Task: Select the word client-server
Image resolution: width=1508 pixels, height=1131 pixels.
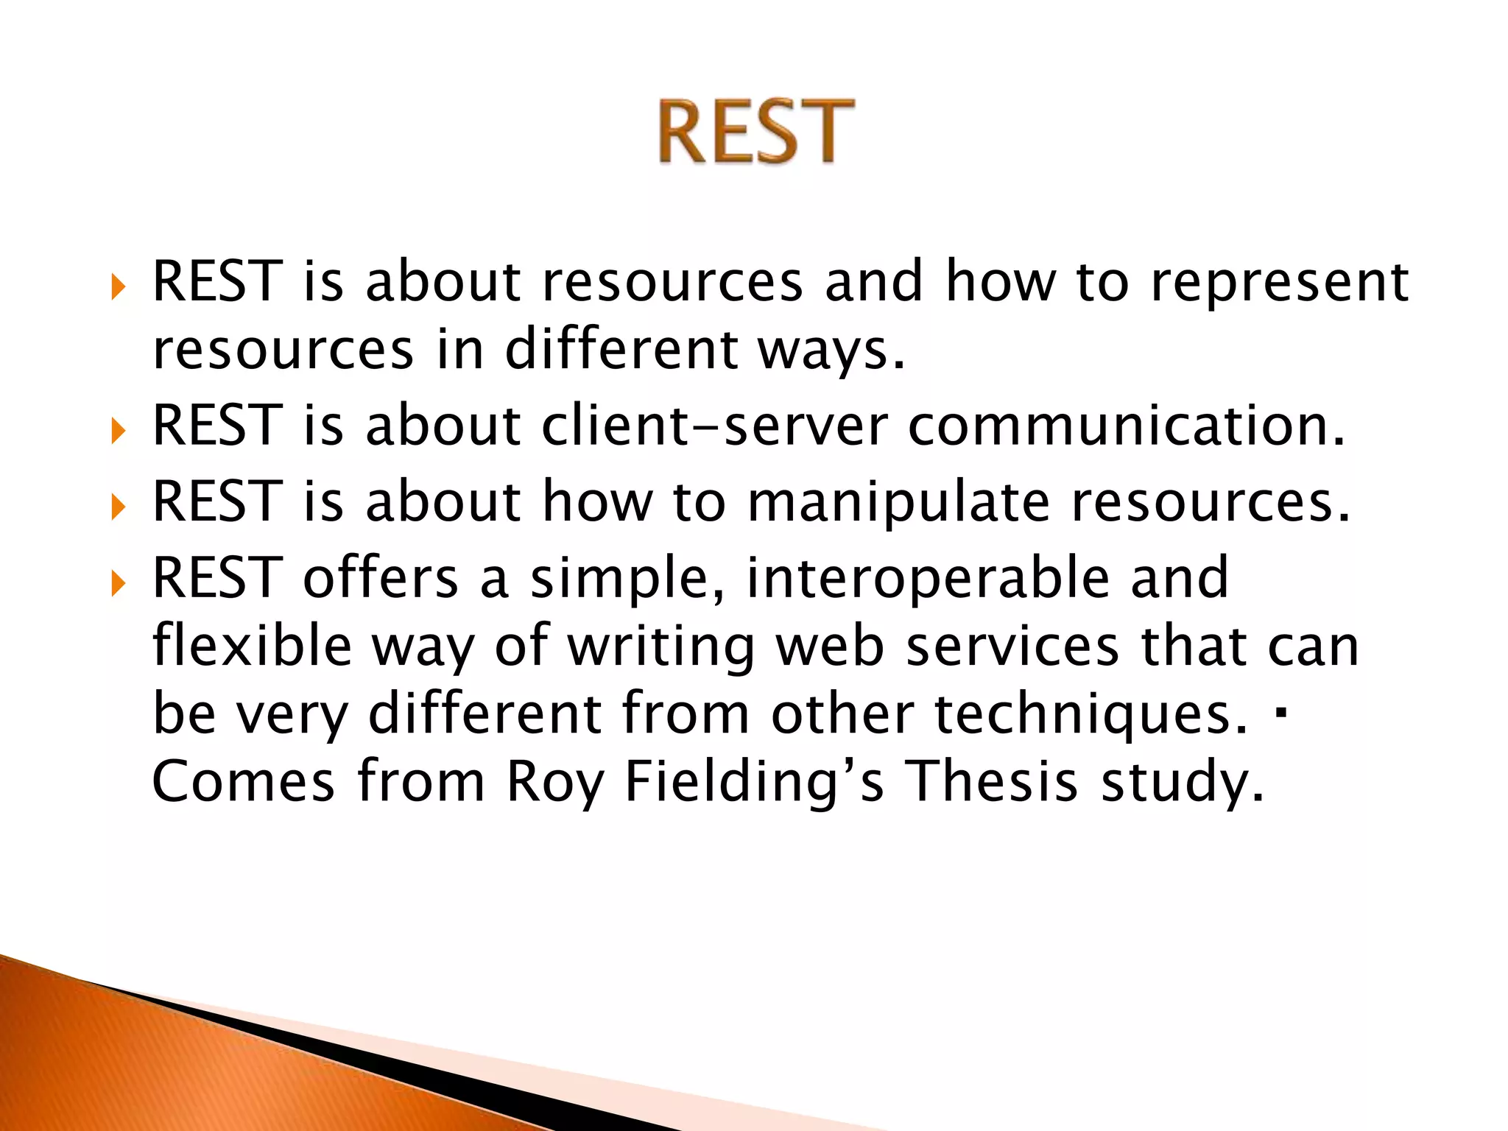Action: coord(714,426)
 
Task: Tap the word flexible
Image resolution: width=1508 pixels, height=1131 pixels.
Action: coord(252,646)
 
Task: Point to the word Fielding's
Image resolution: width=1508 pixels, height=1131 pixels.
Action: coord(754,782)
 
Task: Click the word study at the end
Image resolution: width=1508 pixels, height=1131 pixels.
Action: coord(1182,782)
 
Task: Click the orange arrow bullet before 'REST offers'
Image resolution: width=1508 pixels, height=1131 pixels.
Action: coord(119,585)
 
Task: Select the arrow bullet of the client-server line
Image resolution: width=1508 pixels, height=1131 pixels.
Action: coord(119,432)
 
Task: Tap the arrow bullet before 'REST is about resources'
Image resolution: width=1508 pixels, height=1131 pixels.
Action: coord(119,287)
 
